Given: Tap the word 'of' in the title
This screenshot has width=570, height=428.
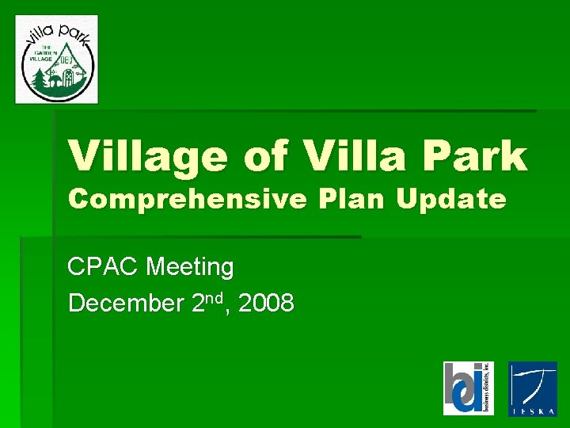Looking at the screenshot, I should click(268, 155).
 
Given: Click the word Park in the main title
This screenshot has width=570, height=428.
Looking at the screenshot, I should click(478, 155).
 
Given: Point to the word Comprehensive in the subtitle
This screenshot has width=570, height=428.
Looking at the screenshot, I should click(186, 200).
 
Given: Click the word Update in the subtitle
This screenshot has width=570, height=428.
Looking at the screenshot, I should click(450, 200).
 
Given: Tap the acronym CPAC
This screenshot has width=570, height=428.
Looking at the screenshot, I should click(104, 268).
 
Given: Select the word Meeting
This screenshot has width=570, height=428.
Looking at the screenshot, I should click(190, 268).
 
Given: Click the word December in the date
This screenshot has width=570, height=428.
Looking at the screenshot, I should click(127, 304).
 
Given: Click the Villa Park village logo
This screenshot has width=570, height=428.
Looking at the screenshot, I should click(57, 59).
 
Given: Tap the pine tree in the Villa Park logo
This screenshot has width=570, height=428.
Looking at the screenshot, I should click(37, 79).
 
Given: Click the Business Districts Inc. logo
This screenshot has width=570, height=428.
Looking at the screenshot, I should click(468, 388).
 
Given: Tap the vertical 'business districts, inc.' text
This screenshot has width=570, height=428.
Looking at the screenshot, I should click(487, 388).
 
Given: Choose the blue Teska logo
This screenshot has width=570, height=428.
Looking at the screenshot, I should click(532, 388).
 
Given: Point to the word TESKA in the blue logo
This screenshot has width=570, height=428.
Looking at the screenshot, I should click(532, 410).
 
